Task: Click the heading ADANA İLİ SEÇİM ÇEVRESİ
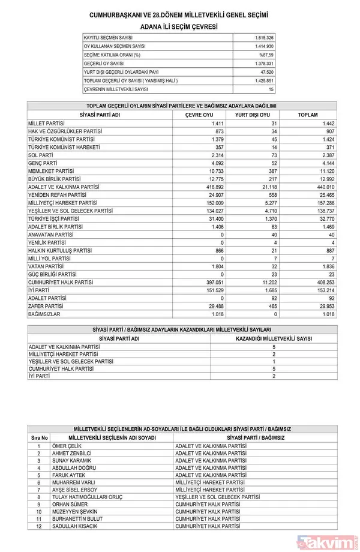pos(179,27)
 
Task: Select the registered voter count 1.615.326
pos(264,37)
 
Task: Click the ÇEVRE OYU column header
pos(200,115)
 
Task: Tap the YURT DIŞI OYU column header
pos(252,115)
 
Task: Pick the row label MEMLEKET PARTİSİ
pos(54,170)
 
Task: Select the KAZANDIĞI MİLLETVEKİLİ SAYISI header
pos(273,338)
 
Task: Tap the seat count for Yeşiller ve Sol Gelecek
pos(273,362)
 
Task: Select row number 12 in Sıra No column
pos(39,526)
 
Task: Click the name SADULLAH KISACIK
pos(76,526)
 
